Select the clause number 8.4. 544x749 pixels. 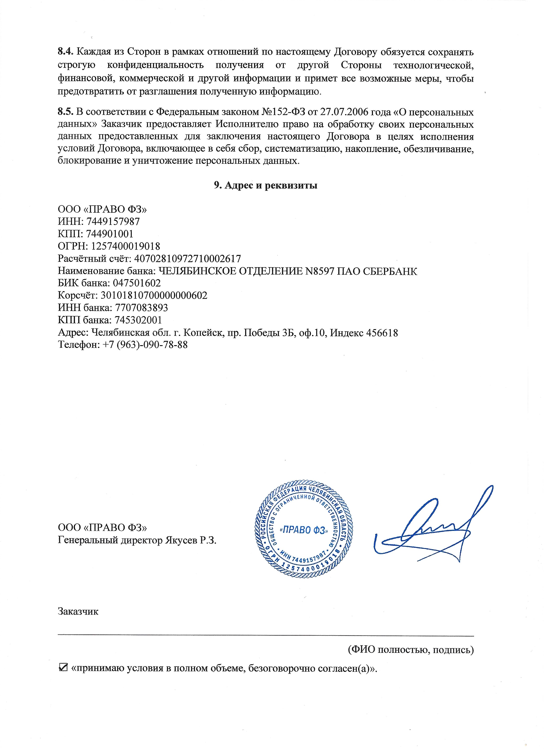click(65, 52)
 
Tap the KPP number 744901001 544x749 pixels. click(110, 234)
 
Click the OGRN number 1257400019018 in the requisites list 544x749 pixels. click(126, 246)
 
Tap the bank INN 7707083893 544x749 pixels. click(141, 308)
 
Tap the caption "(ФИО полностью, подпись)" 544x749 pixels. click(411, 650)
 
